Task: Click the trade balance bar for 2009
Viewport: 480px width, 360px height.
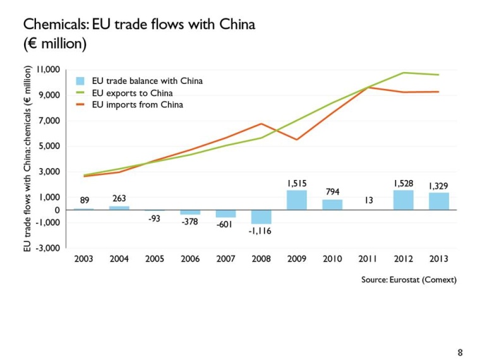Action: (x=297, y=200)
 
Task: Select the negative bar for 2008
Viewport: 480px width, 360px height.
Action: (x=261, y=217)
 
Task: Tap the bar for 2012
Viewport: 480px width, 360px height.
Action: (x=403, y=200)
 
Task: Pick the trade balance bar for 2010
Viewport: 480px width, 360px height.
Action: (x=332, y=205)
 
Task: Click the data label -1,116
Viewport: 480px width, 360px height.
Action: (x=261, y=232)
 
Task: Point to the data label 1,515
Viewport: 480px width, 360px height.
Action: (x=297, y=183)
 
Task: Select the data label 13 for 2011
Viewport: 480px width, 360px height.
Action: (x=368, y=200)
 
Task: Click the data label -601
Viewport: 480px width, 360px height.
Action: (x=225, y=225)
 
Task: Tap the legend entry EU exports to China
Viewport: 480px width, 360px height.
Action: (x=132, y=93)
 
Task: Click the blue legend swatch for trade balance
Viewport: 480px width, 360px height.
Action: (x=80, y=81)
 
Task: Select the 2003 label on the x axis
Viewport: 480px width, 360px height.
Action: (x=83, y=259)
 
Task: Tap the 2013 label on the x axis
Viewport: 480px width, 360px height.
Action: (x=438, y=259)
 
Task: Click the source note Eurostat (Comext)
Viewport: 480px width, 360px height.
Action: (x=408, y=280)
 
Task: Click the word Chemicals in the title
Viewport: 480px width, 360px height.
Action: (x=56, y=25)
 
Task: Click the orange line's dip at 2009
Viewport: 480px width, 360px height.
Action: (x=297, y=140)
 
